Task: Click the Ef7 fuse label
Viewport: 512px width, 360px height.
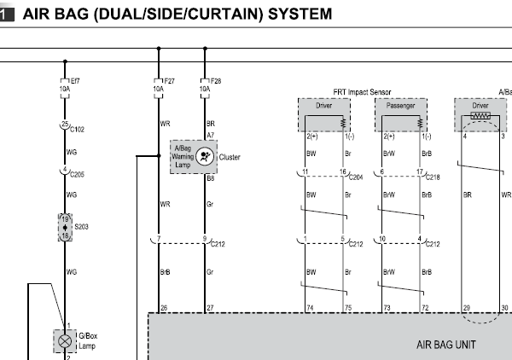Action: pos(75,81)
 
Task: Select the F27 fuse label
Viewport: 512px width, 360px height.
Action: pos(170,81)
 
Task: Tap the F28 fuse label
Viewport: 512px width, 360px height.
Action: pos(216,81)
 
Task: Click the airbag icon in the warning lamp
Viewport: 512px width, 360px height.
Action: pos(205,156)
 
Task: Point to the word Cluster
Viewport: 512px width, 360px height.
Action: pos(230,157)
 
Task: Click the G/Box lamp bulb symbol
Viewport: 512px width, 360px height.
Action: pos(65,341)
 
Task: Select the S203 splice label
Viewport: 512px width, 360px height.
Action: pos(81,227)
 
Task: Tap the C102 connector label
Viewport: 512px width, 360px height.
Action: pos(77,130)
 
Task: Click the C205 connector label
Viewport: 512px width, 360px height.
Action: pos(77,175)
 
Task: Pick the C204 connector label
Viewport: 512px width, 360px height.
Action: pos(356,177)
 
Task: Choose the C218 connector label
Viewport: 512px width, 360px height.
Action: pos(433,177)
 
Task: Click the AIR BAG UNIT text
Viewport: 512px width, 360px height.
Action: pos(446,345)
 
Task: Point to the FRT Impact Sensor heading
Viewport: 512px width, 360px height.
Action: pos(362,92)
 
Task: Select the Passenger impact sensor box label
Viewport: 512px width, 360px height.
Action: pos(400,106)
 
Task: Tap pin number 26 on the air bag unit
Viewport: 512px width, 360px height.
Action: pos(164,308)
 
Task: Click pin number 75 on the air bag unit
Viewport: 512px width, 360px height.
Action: pos(348,308)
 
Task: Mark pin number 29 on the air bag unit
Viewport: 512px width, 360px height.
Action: pos(466,308)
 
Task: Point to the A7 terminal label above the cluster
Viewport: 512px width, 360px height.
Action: pos(210,135)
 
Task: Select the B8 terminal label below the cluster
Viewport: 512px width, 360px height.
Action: pos(210,178)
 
